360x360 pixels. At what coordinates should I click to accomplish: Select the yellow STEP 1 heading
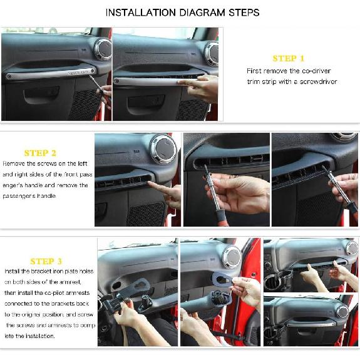pyautogui.click(x=288, y=58)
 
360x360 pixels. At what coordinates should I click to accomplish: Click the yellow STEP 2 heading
pyautogui.click(x=40, y=153)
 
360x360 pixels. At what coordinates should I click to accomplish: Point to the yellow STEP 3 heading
pyautogui.click(x=46, y=261)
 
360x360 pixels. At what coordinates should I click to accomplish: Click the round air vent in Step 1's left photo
pyautogui.click(x=103, y=49)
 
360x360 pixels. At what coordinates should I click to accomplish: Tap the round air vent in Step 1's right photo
pyautogui.click(x=212, y=53)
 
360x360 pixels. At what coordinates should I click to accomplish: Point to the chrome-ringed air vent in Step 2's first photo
pyautogui.click(x=163, y=150)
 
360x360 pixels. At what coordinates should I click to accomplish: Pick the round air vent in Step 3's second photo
pyautogui.click(x=232, y=255)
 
